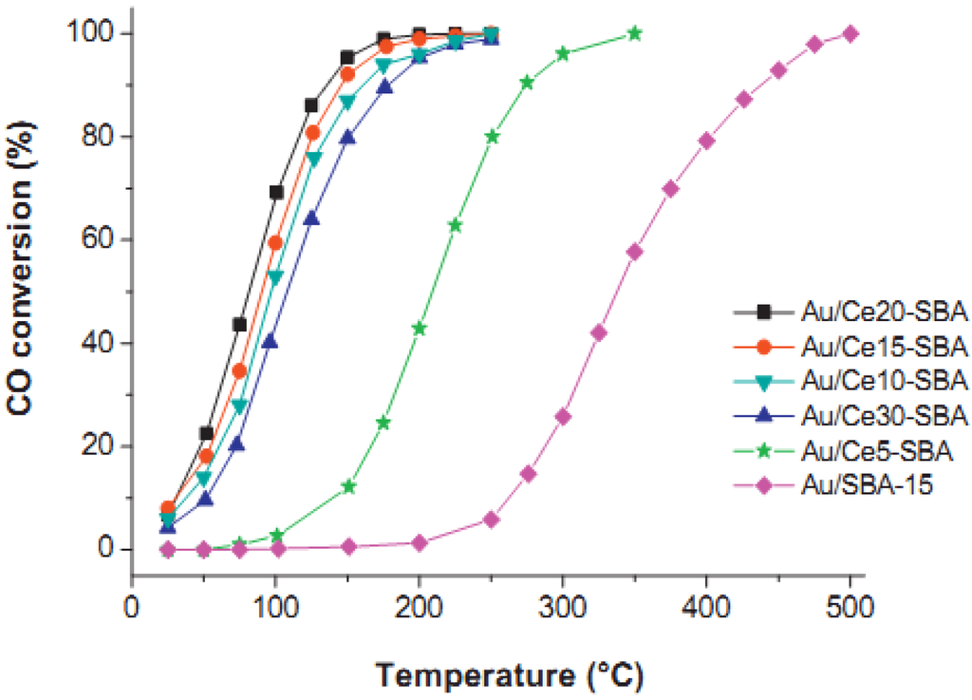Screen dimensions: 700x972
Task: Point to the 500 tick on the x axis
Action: pos(850,605)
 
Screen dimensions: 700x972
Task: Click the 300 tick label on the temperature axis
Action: pos(563,605)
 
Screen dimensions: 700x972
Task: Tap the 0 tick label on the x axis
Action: pos(132,605)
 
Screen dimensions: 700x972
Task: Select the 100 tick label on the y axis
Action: pos(91,34)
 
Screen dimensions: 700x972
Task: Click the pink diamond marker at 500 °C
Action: pos(850,34)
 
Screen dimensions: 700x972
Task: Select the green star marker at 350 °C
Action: pos(635,33)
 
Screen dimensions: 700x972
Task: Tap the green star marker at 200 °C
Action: pos(420,328)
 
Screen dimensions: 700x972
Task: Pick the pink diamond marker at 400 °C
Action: pos(706,141)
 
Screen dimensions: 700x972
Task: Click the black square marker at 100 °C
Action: pos(276,192)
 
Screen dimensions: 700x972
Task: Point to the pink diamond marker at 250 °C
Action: pos(491,520)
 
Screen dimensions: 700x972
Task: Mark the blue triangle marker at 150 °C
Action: pos(347,137)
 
